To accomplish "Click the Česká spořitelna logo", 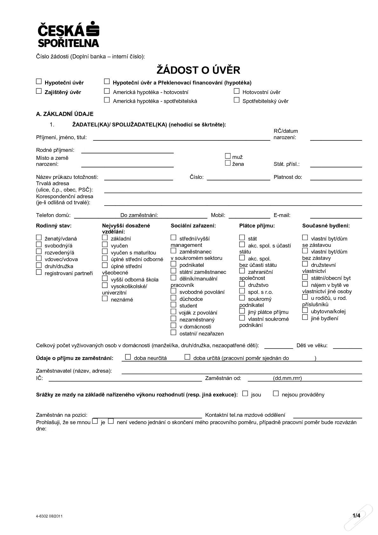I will click(68, 34).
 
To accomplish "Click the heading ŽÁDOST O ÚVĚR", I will click(198, 70).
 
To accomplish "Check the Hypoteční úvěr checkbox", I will click(39, 82).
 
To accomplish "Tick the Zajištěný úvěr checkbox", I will click(39, 91).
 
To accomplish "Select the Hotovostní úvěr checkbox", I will click(236, 91).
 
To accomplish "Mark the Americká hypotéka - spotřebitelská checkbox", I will click(107, 100).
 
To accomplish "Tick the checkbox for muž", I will click(227, 156).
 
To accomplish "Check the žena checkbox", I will click(227, 163).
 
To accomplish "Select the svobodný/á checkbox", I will click(39, 244).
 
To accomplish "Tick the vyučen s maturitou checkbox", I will click(105, 251).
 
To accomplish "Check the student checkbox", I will click(173, 305).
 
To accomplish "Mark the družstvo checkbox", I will click(242, 284).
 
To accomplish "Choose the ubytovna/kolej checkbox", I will click(305, 310).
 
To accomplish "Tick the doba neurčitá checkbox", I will click(128, 357).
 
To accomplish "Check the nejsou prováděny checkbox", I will click(276, 394).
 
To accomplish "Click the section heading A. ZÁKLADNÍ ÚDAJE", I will click(65, 114).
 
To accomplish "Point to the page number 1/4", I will click(356, 516).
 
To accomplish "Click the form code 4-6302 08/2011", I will click(49, 516).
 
